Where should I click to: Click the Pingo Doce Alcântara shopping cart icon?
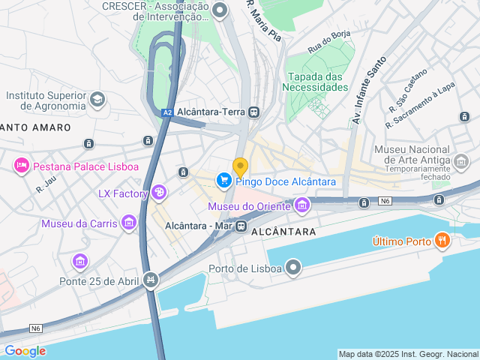[x=223, y=181]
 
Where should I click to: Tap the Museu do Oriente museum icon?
[x=302, y=205]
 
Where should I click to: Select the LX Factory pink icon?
[x=159, y=193]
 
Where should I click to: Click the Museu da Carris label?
[x=79, y=223]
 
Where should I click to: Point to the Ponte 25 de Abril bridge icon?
[x=151, y=280]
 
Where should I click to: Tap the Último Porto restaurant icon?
[x=442, y=241]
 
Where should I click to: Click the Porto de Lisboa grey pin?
[x=293, y=268]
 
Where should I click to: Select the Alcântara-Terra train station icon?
[x=254, y=112]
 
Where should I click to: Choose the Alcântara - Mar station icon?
[x=241, y=226]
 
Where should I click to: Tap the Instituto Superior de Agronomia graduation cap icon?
[x=97, y=99]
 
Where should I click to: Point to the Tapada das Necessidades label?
[x=315, y=82]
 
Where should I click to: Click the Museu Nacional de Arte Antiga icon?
[x=460, y=161]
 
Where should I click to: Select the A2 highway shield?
[x=167, y=112]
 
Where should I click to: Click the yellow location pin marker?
[x=240, y=166]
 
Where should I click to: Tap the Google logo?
[x=25, y=351]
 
